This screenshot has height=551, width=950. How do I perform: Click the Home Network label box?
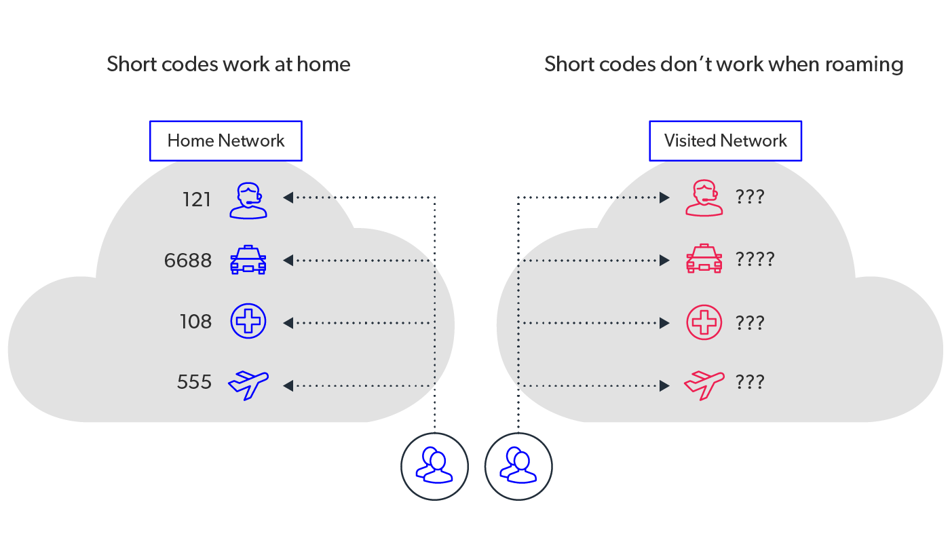tap(225, 141)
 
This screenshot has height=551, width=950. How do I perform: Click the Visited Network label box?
tap(725, 141)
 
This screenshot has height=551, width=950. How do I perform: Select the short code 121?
tap(197, 199)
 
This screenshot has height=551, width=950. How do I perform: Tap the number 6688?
tap(188, 261)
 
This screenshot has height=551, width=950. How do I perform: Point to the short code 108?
tap(196, 322)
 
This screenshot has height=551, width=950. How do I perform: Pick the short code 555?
tap(195, 383)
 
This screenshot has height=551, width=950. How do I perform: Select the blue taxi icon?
tap(248, 260)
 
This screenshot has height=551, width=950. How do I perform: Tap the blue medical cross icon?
tap(248, 321)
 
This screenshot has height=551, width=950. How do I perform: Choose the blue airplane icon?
tap(248, 385)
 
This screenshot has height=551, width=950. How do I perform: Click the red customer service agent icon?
tap(704, 198)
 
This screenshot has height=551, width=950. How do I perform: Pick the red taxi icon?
tap(704, 259)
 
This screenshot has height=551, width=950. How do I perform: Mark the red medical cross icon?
tap(704, 322)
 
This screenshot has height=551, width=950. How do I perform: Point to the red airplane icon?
tap(704, 384)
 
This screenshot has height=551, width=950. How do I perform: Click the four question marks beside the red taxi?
tap(755, 259)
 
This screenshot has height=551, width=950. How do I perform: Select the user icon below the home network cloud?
tap(434, 466)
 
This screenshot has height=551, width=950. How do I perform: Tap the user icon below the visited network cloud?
tap(518, 466)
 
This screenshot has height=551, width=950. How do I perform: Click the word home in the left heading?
tap(326, 64)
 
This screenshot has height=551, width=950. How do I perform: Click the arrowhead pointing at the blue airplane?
tap(288, 385)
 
